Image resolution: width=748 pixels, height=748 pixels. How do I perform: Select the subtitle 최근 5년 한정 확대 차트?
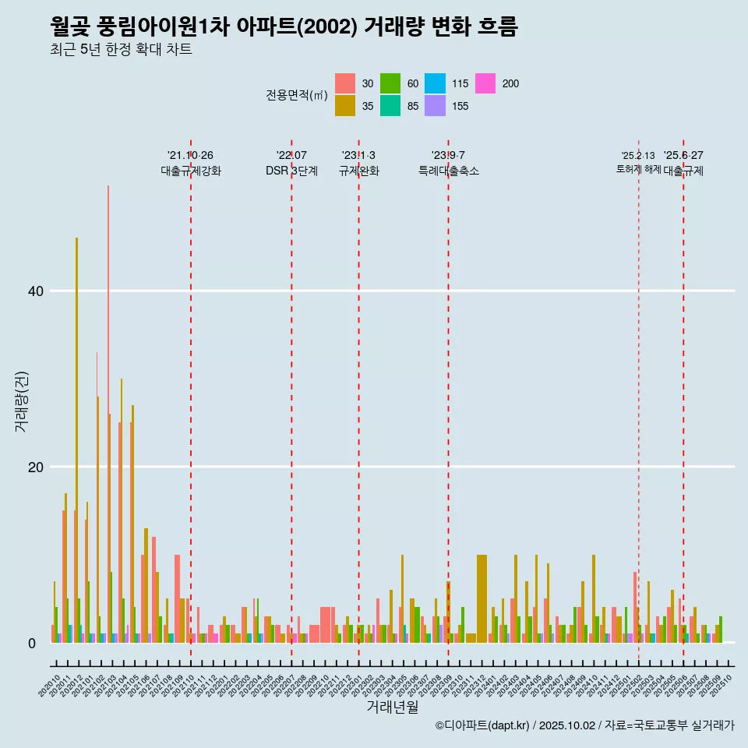tap(121, 50)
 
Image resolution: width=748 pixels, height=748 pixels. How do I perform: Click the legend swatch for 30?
tap(345, 83)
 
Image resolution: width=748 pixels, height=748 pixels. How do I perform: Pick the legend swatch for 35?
tap(345, 106)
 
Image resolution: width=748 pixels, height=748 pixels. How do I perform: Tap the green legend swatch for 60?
tap(390, 83)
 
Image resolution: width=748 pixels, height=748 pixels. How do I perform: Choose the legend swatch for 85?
tap(390, 106)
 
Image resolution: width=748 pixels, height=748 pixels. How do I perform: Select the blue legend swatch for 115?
tap(435, 83)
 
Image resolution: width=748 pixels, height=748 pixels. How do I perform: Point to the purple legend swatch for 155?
tap(435, 106)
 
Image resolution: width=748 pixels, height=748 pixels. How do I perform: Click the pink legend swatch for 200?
tap(486, 83)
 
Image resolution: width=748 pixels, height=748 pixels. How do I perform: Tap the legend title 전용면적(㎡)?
tap(296, 95)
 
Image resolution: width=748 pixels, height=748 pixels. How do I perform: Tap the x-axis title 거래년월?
tap(393, 707)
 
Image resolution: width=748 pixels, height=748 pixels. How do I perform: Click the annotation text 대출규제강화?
tap(191, 171)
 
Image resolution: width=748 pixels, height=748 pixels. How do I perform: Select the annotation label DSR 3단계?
tap(291, 171)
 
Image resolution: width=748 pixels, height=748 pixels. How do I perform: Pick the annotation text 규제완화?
tap(358, 171)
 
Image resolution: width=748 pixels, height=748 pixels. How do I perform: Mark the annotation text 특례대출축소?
tap(448, 171)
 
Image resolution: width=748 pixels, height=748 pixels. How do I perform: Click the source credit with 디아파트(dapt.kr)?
tap(584, 725)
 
